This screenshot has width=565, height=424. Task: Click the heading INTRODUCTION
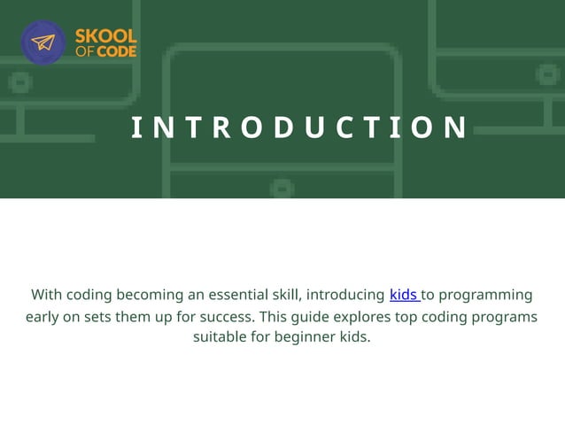[x=299, y=127]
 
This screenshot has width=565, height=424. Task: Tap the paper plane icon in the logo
[x=43, y=42]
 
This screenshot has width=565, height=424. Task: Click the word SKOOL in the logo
[x=105, y=36]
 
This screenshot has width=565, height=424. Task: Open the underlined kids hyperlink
[x=404, y=294]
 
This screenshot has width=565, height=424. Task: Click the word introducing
[x=345, y=294]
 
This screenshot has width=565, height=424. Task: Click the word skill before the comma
[x=285, y=294]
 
